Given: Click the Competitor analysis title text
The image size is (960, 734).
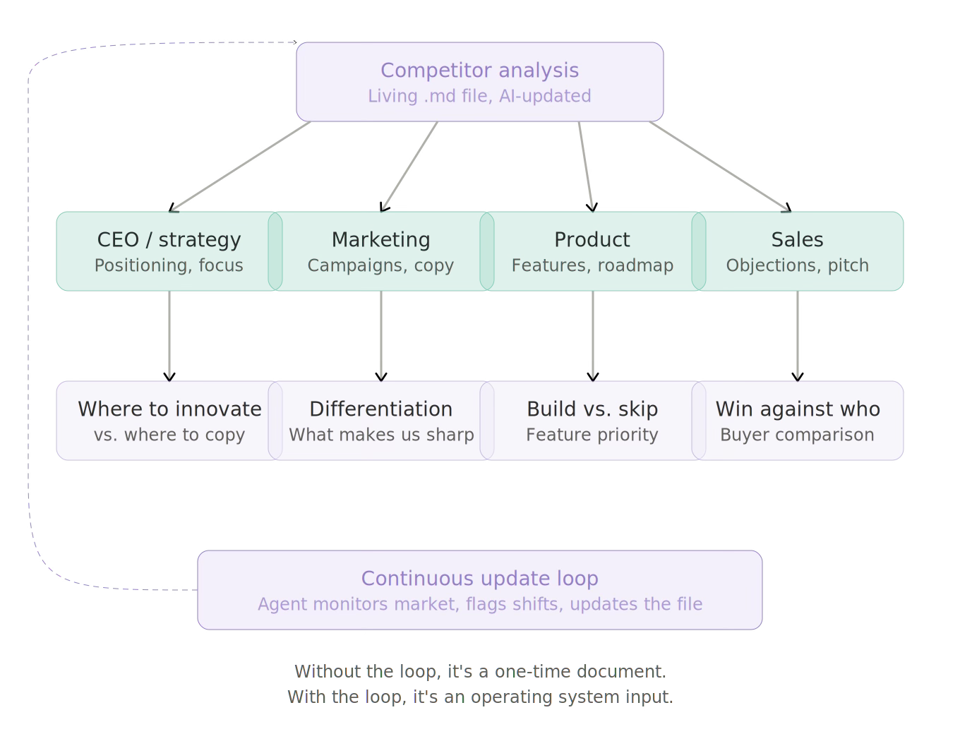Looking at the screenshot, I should pos(479,71).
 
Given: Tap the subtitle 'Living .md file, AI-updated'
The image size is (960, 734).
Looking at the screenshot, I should pos(479,96).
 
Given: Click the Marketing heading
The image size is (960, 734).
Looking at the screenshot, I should pos(380,240).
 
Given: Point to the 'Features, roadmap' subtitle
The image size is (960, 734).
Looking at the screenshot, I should pos(592,265).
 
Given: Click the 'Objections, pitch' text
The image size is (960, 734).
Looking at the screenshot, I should pos(797,265).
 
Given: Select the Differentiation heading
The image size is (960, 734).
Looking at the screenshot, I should pos(380,409).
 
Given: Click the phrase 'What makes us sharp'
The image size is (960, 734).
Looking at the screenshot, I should pos(381,435).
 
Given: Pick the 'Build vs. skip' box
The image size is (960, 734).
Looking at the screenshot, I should pos(592,421).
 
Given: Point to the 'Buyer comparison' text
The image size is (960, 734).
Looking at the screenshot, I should pos(797,435).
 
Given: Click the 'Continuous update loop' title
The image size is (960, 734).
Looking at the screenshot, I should pos(479,579).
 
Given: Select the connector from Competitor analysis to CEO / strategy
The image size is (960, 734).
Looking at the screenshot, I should pos(241,166).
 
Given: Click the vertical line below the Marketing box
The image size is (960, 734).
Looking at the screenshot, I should pos(381,336).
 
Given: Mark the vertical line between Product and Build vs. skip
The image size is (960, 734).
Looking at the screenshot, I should pos(593,336).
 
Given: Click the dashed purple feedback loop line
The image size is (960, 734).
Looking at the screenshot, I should pos(29,318).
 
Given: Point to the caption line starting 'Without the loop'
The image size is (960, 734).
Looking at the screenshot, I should pos(480,671).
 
